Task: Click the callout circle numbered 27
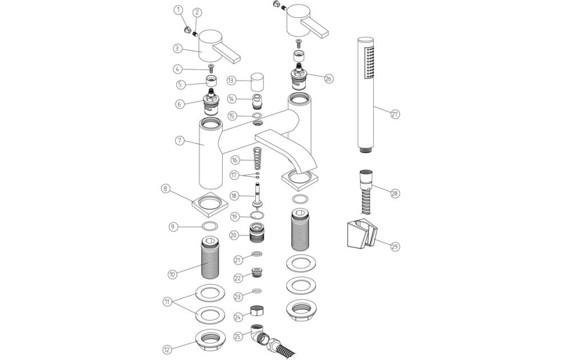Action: [395, 114]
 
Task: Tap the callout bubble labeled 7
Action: [180, 141]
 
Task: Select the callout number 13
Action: [231, 81]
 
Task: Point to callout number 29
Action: [395, 246]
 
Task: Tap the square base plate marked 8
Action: [211, 205]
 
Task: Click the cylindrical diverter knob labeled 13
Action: [257, 83]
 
